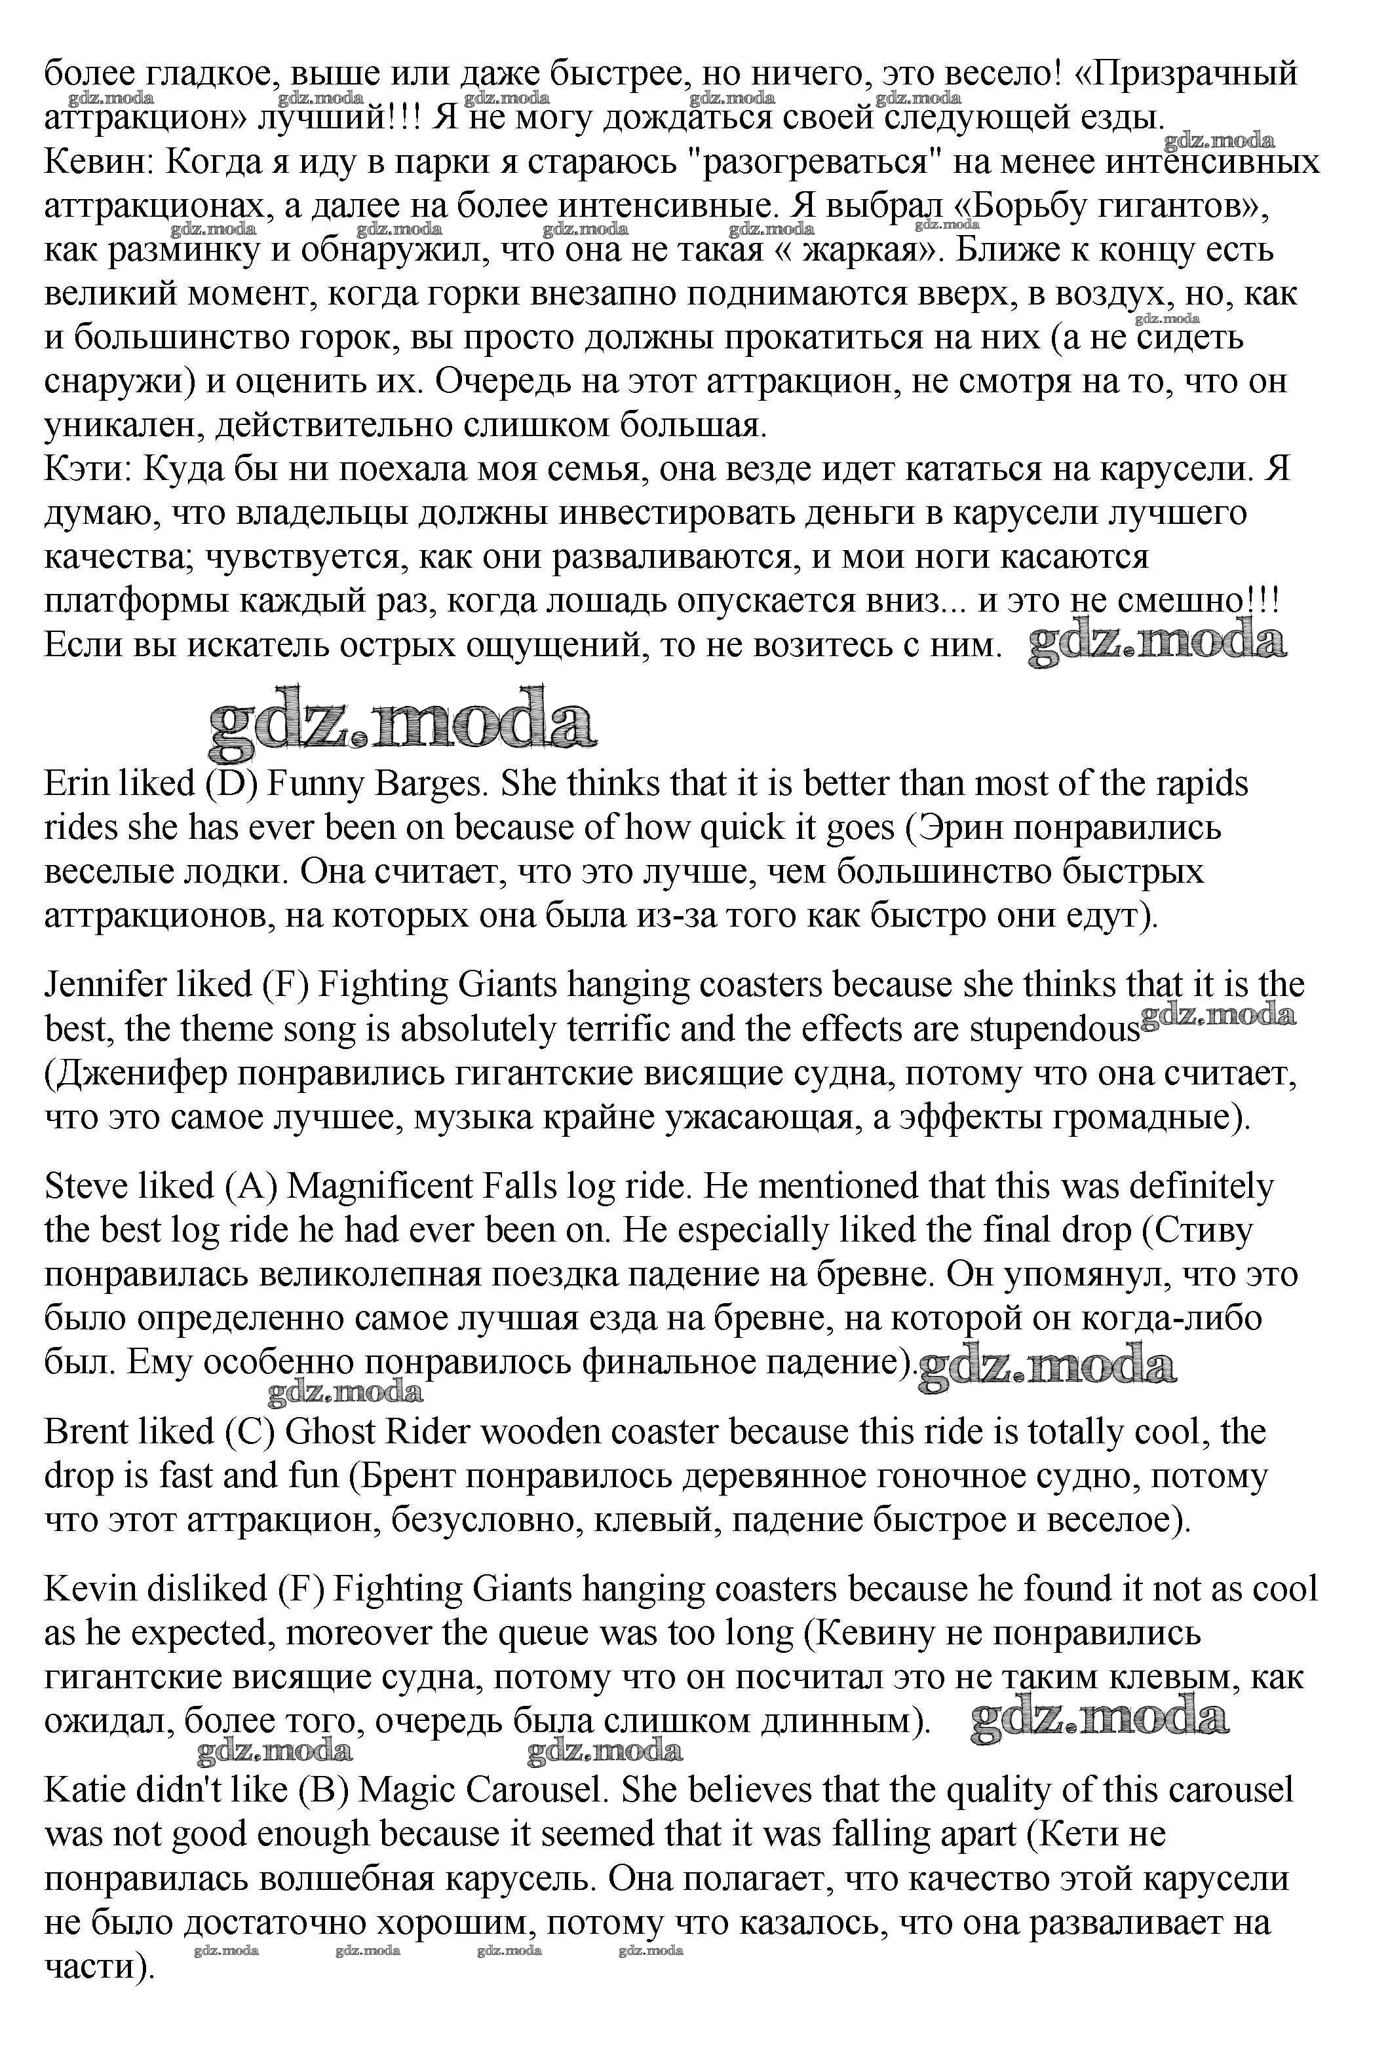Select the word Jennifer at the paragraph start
click(x=105, y=985)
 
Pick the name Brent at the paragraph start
click(x=84, y=1432)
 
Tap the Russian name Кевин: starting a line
click(x=99, y=162)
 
